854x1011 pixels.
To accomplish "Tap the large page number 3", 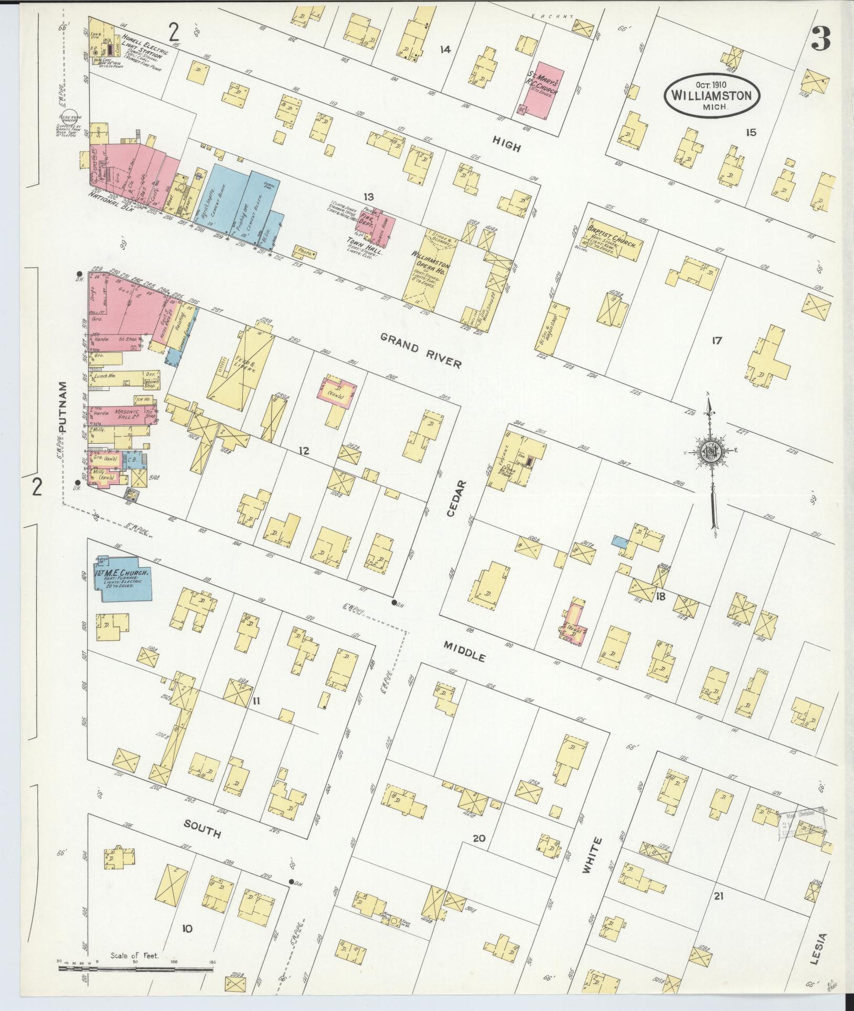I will click(x=823, y=38).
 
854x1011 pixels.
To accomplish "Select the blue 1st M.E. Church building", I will click(x=123, y=578).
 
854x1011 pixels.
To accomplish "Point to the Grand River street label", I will click(x=421, y=349).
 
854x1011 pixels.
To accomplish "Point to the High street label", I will click(x=507, y=144).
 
